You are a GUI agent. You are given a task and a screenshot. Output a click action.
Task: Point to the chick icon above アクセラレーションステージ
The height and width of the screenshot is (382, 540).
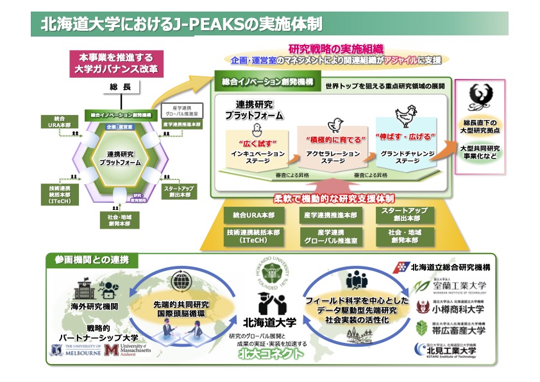click(x=333, y=125)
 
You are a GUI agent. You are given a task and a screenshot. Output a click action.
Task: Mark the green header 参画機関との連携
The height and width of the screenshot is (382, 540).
click(x=88, y=260)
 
